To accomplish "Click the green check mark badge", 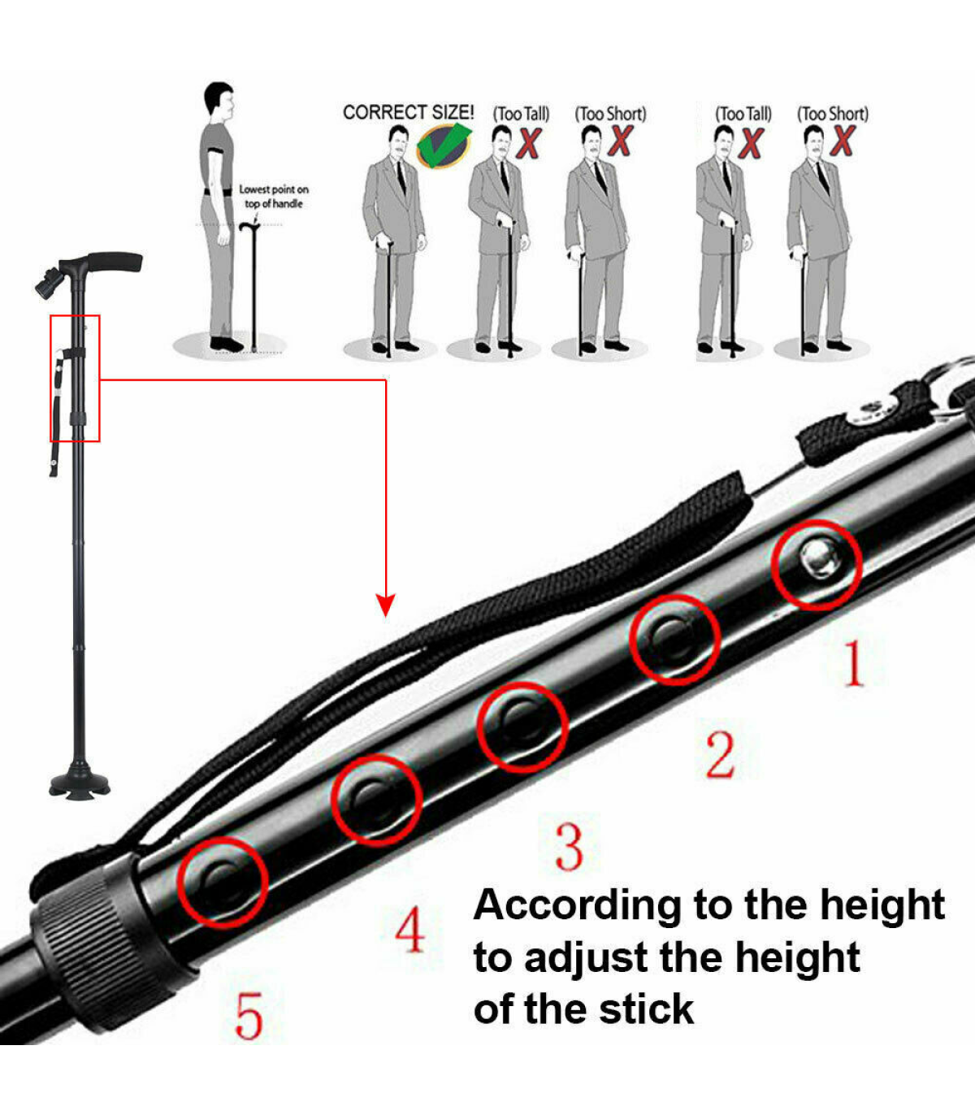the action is click(x=444, y=145).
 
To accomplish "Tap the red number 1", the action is click(x=854, y=664).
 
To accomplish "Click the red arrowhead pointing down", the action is click(x=386, y=605).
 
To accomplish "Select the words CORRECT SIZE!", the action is click(x=408, y=112).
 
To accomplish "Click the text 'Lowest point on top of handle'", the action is click(x=274, y=196).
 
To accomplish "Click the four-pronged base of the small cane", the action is click(x=80, y=783).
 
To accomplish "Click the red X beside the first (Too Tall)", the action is click(x=528, y=143).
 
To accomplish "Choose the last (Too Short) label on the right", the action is click(x=832, y=114).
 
